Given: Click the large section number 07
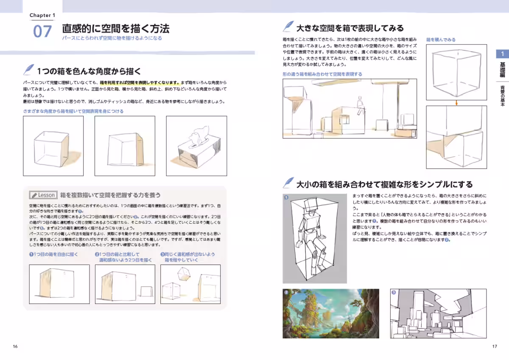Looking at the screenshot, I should point(42,31).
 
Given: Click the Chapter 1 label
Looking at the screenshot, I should point(42,16).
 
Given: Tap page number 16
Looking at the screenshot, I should point(15,346).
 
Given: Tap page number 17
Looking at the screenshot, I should point(495,346).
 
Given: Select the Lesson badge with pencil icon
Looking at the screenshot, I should point(43,195).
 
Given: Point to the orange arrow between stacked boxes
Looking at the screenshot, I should point(456,102).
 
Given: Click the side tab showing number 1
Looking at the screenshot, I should point(502,54).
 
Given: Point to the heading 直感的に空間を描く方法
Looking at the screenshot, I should point(116,29).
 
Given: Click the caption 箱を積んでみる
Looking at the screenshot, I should point(441,39).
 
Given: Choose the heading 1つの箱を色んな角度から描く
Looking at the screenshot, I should point(88,71).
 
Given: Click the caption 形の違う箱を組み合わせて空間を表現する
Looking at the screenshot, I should point(322,74).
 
